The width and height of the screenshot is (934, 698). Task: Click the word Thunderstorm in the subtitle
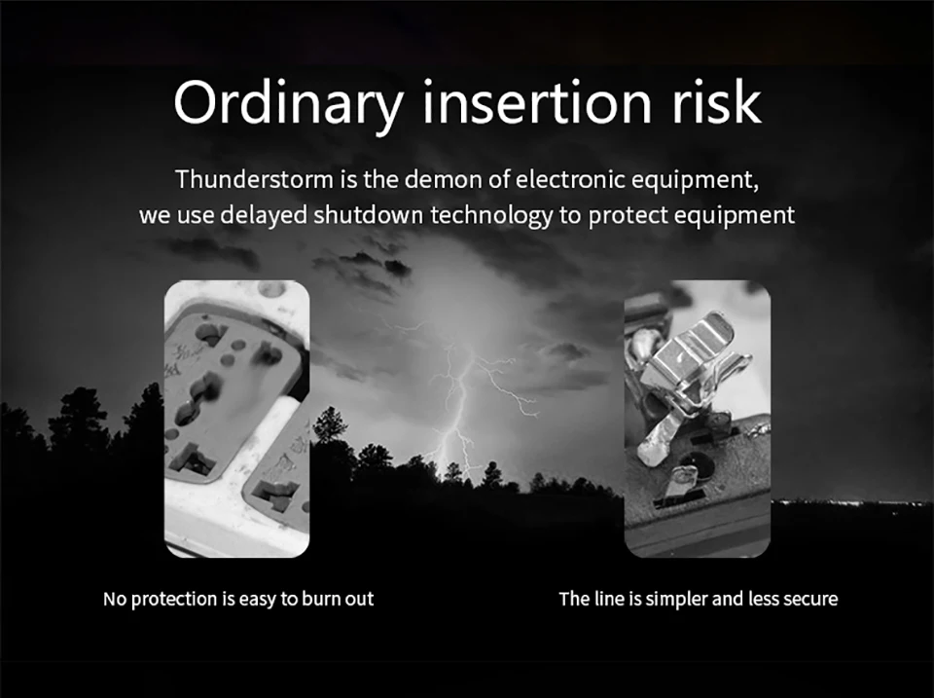(x=254, y=179)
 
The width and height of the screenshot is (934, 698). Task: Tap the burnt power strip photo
(x=237, y=419)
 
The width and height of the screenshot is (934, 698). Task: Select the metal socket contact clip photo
(x=698, y=419)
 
